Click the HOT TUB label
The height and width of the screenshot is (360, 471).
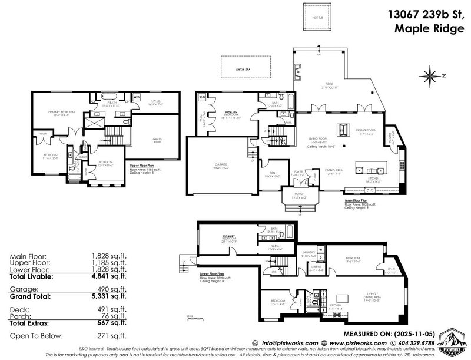[x=319, y=18]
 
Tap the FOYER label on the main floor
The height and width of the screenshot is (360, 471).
[x=302, y=174]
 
